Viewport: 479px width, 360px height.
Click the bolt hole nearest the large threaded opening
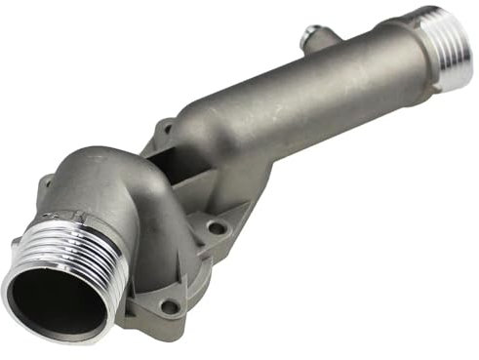coord(170,305)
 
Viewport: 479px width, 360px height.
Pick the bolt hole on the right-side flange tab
coord(218,227)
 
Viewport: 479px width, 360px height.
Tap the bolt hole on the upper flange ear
coord(165,129)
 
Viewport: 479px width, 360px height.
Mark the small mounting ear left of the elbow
coord(45,183)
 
